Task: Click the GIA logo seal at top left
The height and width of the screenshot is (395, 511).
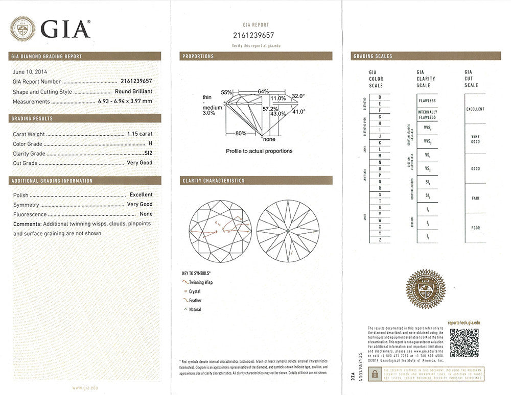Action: pos(23,29)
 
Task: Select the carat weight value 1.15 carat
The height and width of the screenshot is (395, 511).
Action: pos(140,134)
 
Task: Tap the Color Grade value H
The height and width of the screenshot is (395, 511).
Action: pos(150,144)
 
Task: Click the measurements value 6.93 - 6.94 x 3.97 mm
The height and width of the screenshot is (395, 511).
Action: pos(125,102)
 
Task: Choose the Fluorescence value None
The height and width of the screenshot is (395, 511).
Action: pos(146,214)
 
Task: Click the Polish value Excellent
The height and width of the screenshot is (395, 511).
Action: pos(141,195)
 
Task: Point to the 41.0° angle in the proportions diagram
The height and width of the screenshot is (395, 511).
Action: pos(298,111)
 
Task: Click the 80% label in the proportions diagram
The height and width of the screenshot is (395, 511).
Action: pos(241,134)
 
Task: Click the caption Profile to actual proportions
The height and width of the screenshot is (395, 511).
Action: pos(259,151)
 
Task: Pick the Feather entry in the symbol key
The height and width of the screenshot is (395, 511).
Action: pos(195,301)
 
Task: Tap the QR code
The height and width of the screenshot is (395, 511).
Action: pos(464,343)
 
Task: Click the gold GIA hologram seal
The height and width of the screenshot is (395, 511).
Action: pos(425,290)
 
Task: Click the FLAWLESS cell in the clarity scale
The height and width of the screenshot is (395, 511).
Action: pos(427,101)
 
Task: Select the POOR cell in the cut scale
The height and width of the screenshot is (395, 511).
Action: pos(475,228)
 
